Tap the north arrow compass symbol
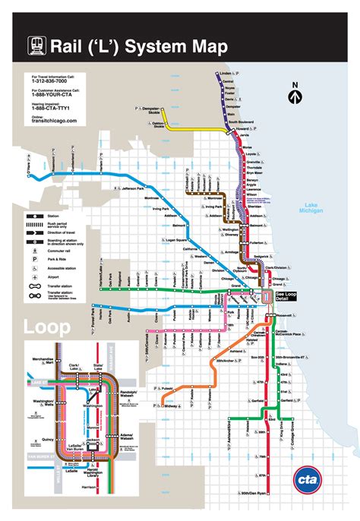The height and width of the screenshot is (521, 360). pyautogui.click(x=296, y=96)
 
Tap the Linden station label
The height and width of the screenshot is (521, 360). pyautogui.click(x=225, y=74)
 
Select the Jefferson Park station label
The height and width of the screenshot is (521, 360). pyautogui.click(x=140, y=185)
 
